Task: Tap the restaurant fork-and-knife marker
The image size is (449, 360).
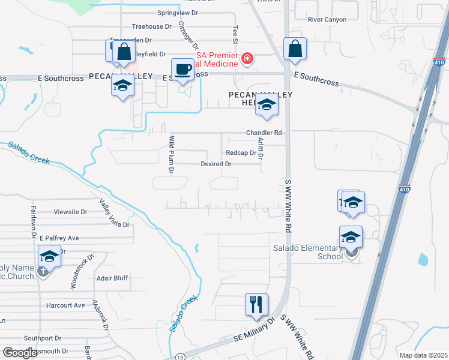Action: [x=256, y=304]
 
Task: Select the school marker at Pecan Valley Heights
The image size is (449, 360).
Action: [x=266, y=105]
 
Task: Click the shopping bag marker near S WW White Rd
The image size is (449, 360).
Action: [x=295, y=50]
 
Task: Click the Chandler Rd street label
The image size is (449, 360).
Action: [x=264, y=133]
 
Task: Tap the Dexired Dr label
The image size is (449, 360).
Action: [x=216, y=164]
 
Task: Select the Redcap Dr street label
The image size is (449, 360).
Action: [x=241, y=153]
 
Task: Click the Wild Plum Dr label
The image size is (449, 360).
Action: [x=172, y=154]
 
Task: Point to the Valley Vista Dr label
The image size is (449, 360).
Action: [x=114, y=213]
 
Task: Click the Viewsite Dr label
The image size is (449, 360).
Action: [x=71, y=212]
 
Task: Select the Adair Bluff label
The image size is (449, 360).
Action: [x=112, y=278]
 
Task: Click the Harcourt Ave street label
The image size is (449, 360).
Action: [x=65, y=305]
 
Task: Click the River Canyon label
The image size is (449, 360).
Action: [x=327, y=19]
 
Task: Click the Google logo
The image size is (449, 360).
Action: [x=20, y=353]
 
